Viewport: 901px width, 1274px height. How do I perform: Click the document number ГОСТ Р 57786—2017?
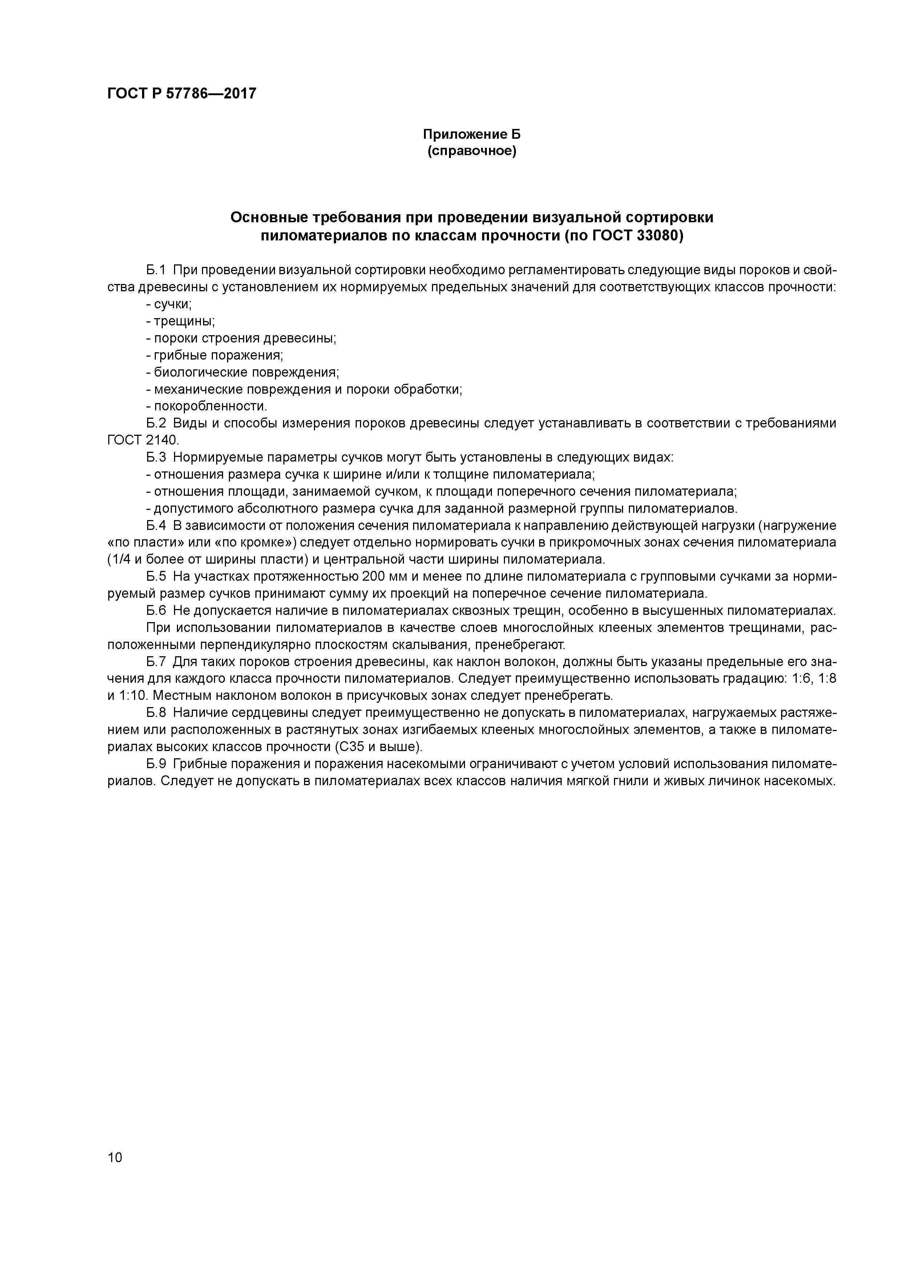tap(182, 94)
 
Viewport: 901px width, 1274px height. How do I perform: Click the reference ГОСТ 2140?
tap(143, 441)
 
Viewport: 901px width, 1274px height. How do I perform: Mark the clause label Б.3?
tap(156, 458)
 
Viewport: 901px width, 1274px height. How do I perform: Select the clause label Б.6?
tap(156, 611)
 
